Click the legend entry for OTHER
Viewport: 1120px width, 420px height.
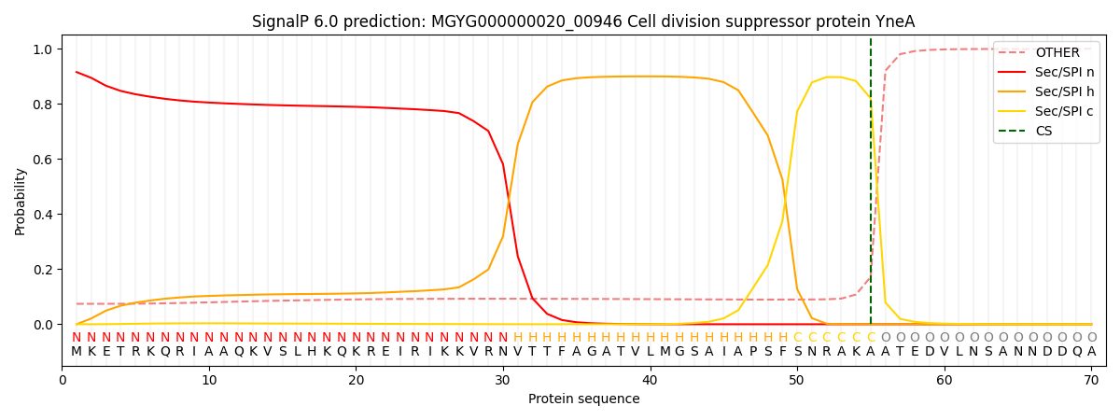(x=1057, y=53)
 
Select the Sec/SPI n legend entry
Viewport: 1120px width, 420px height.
(x=1065, y=72)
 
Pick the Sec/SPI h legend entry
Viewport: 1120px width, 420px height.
(x=1065, y=91)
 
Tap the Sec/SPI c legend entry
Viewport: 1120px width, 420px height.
(x=1065, y=111)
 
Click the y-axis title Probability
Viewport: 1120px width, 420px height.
(x=21, y=201)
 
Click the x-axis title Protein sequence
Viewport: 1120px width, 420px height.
(x=584, y=399)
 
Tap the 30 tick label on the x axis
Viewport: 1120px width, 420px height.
(x=503, y=380)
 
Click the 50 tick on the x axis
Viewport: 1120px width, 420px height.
(x=797, y=380)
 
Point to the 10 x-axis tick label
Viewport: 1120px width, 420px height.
(x=209, y=380)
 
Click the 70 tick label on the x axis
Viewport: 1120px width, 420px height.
(x=1091, y=380)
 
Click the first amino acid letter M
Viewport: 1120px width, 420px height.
(x=77, y=352)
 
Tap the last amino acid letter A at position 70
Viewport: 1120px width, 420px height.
(x=1091, y=352)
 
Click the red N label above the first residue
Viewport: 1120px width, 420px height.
(x=77, y=338)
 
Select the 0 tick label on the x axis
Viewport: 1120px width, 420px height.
(x=63, y=380)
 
